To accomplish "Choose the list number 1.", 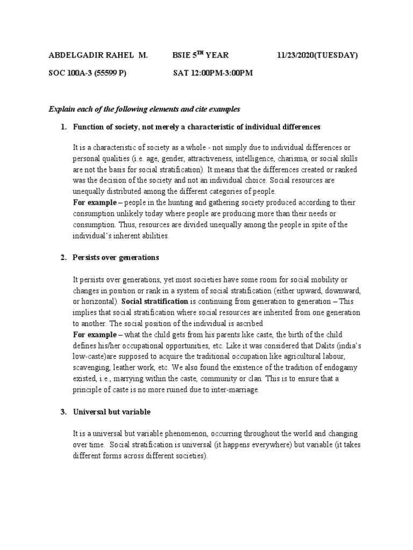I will (63, 127).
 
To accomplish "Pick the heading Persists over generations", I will (116, 257).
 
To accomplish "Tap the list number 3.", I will (63, 412).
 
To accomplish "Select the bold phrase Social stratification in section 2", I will (155, 301).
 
